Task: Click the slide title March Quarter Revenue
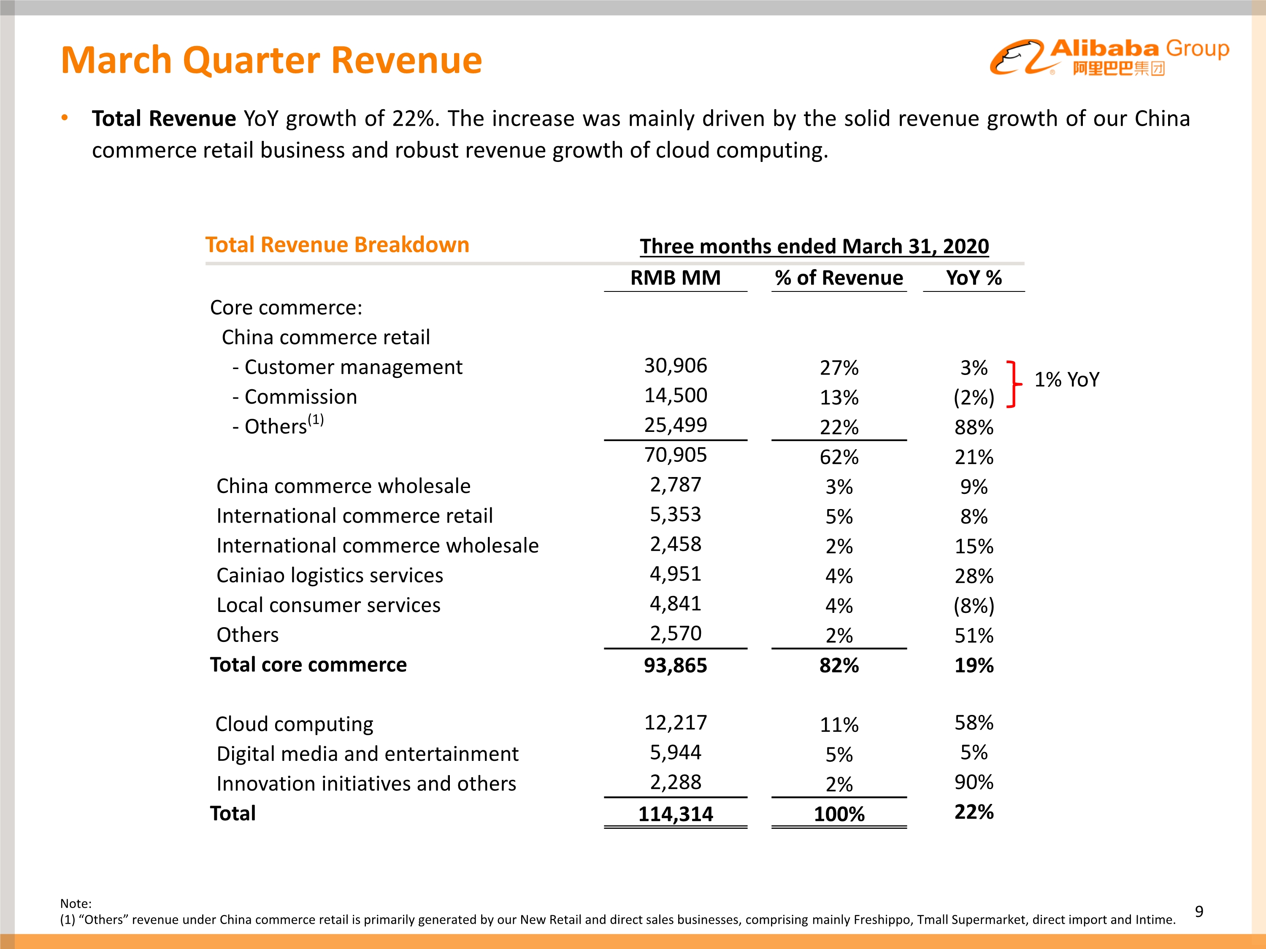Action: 271,60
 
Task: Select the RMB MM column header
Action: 675,278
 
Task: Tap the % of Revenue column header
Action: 839,278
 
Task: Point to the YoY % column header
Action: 974,278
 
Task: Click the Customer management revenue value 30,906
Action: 675,366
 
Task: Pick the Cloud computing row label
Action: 294,724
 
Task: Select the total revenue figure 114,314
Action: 675,814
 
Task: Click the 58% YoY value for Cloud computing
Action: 974,723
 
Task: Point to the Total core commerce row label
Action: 308,665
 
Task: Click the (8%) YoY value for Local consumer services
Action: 974,606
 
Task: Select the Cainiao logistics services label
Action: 330,575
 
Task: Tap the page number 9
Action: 1199,911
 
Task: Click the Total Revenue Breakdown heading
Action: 337,245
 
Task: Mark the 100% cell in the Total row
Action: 839,814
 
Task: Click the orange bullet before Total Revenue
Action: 65,118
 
